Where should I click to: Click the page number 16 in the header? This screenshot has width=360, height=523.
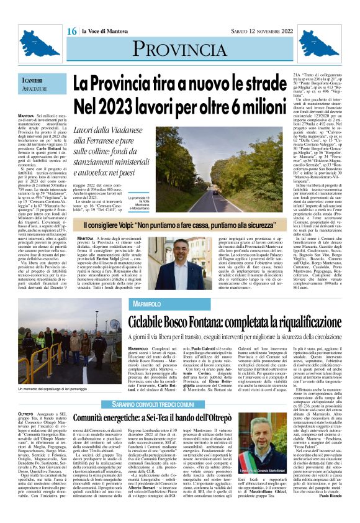coord(71,31)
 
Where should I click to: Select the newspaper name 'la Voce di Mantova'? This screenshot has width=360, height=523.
coord(105,32)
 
